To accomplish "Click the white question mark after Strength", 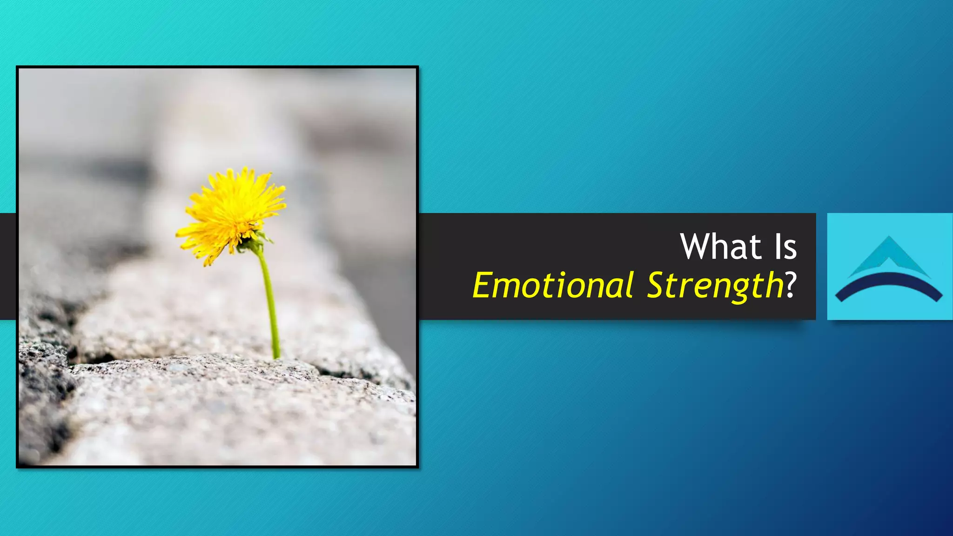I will [791, 284].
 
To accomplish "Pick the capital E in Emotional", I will [484, 285].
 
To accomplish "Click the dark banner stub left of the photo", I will [8, 266].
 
